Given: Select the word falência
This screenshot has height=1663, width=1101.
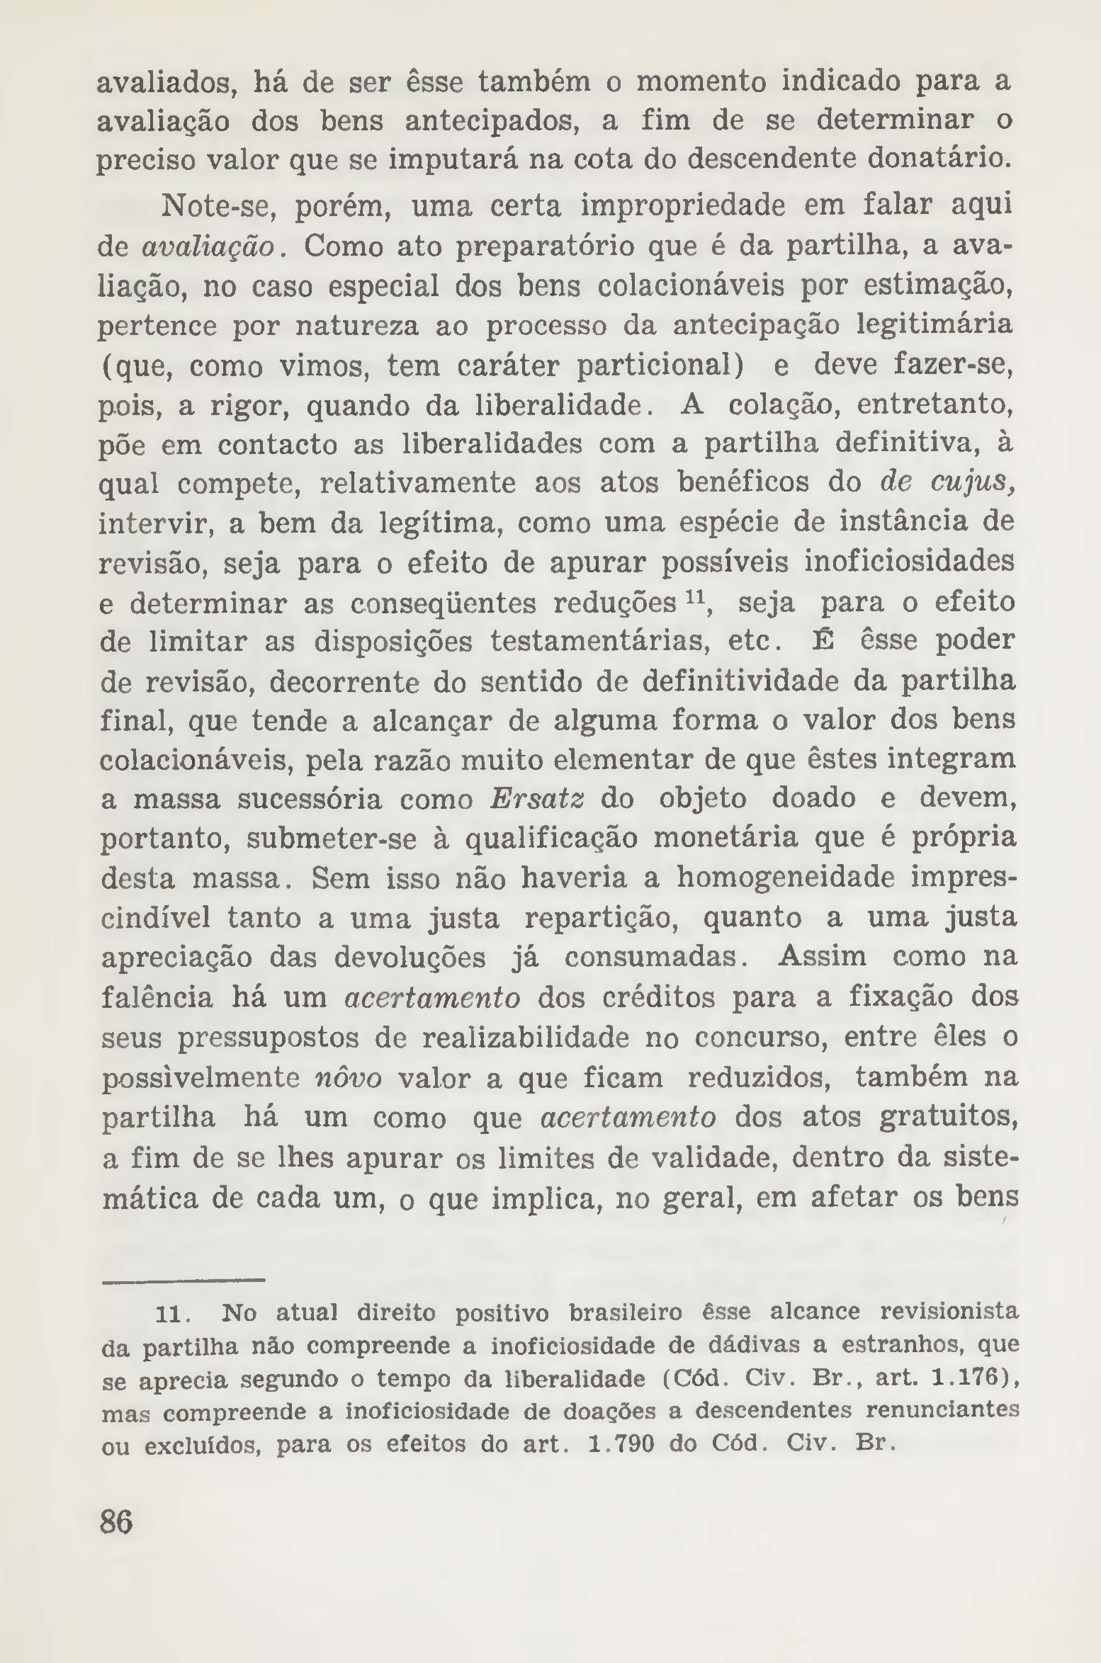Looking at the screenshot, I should pos(157,998).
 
